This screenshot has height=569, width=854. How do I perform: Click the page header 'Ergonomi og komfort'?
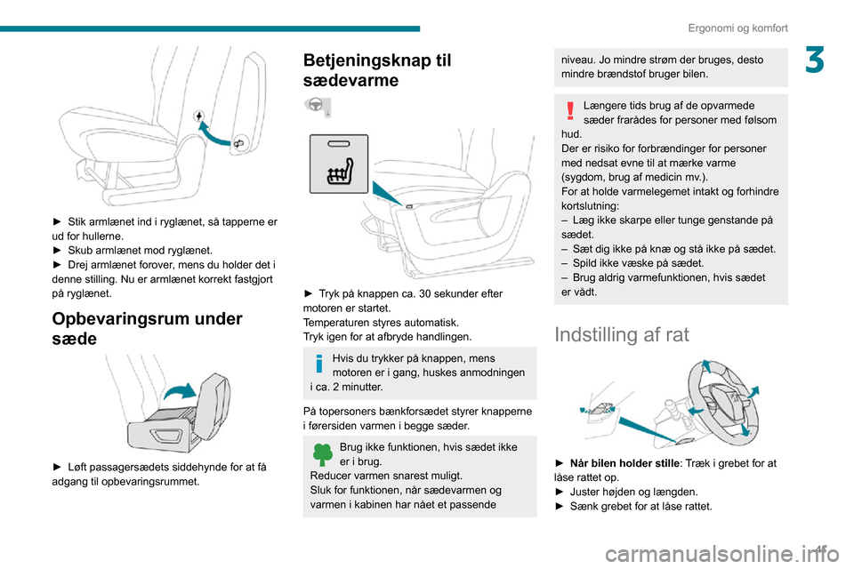(x=737, y=28)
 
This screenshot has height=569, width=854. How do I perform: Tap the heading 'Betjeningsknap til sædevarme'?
(x=378, y=70)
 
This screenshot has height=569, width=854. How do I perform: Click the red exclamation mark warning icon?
(x=569, y=111)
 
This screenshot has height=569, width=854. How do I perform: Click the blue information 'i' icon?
(x=320, y=363)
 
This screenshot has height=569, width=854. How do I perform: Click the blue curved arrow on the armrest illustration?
(x=219, y=133)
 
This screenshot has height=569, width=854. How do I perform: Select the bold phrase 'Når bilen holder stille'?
(x=626, y=462)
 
